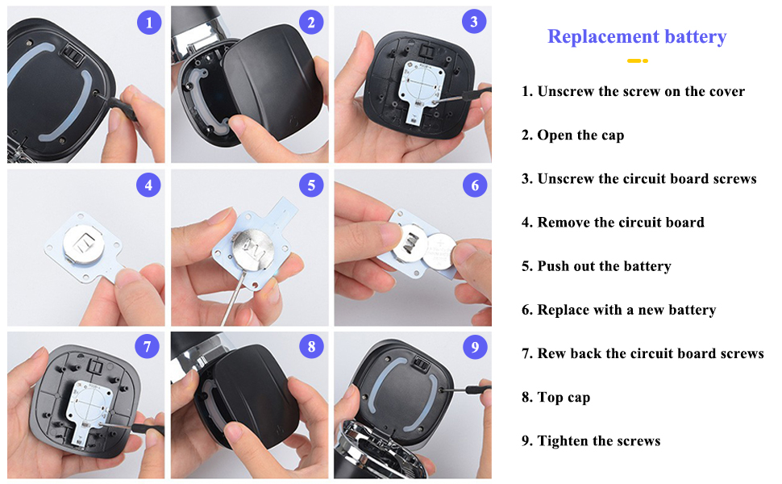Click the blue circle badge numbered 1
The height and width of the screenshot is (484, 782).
click(148, 23)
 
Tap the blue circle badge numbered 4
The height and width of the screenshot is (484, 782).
click(148, 186)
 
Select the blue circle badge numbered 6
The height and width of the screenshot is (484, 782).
click(475, 186)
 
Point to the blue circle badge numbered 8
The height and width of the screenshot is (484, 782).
click(311, 348)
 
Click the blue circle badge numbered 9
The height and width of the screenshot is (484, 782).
click(475, 348)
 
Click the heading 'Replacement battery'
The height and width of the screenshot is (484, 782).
click(637, 36)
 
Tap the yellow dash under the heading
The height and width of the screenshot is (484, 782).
click(638, 60)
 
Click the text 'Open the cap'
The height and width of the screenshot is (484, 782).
click(580, 135)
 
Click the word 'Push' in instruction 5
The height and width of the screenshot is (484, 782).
click(554, 266)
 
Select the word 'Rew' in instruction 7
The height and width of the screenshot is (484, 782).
click(552, 353)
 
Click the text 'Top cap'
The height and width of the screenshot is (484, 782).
click(564, 398)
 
